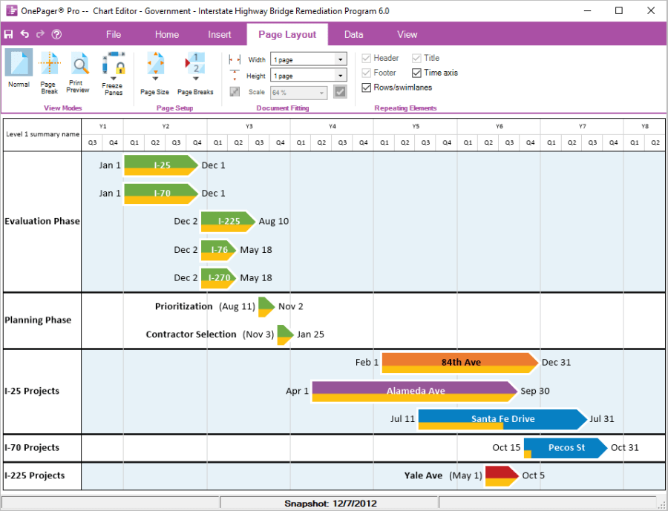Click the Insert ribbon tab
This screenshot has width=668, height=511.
[219, 34]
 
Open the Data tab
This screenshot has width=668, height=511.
[353, 34]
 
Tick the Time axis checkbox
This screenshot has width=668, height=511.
[417, 73]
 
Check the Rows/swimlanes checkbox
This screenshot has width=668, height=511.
[367, 88]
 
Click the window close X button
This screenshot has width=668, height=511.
[651, 11]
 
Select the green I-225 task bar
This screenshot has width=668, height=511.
[228, 220]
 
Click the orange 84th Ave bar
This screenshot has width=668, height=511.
[460, 362]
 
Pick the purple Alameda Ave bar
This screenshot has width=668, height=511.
[414, 390]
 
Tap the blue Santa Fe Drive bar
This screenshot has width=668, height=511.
[502, 418]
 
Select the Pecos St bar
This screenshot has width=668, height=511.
[566, 447]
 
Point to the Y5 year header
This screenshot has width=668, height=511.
[415, 126]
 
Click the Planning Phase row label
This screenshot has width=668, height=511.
[38, 320]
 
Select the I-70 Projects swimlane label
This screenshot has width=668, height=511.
[32, 448]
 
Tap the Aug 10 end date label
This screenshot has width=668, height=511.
[274, 221]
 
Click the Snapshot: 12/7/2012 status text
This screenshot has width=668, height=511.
[330, 504]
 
